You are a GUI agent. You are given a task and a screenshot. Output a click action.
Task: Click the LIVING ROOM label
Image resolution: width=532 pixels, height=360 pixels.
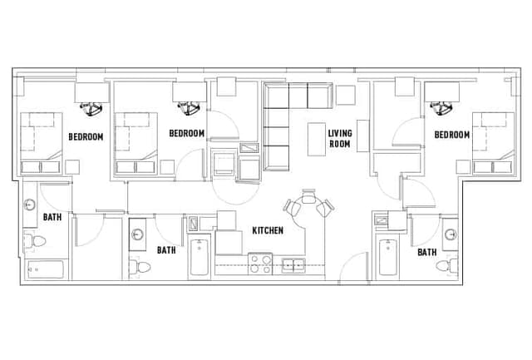338,138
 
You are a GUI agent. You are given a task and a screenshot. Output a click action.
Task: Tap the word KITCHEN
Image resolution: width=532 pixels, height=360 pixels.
267,230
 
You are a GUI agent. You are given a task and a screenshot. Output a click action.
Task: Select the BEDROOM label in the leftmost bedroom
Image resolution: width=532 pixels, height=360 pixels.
86,136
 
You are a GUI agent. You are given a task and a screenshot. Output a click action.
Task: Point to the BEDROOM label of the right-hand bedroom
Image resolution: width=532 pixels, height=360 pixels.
451,135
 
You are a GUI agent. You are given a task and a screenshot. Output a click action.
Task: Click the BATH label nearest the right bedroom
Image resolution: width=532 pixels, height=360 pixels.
427,252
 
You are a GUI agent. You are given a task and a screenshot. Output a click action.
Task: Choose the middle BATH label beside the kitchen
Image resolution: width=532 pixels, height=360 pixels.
166,249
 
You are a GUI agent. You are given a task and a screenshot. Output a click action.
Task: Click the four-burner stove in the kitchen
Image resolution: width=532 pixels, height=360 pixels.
261,264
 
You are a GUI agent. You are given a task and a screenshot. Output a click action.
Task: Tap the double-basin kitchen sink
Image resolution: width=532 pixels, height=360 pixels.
293,265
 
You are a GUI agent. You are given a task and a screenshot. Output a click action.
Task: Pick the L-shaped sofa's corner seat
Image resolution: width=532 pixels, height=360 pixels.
274,96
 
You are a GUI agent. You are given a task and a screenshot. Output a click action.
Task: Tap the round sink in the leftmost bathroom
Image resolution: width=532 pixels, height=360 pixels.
31,205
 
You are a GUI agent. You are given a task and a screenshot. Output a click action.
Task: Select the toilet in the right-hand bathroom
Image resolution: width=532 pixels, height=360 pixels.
451,265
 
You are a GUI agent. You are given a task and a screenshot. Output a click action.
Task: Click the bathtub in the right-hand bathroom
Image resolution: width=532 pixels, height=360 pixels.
388,259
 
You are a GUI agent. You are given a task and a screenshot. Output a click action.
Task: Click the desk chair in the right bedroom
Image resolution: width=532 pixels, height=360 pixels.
441,106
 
